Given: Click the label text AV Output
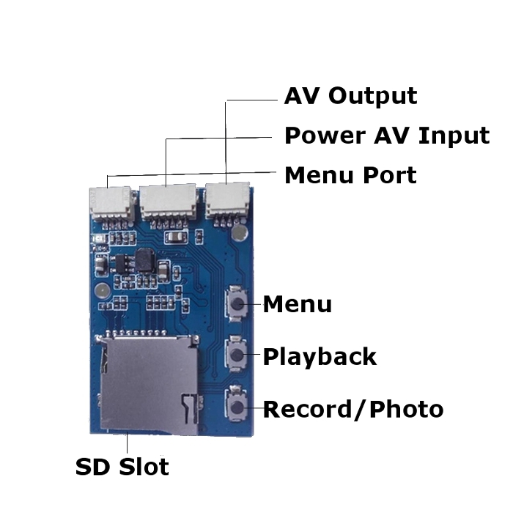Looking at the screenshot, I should click(x=350, y=96).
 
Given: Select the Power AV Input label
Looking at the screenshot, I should click(x=386, y=136).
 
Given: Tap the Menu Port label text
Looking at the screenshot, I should click(x=350, y=175).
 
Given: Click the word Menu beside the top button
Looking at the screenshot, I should click(x=297, y=304).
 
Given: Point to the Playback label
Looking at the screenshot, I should click(x=320, y=357).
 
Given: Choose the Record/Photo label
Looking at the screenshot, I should click(x=353, y=409).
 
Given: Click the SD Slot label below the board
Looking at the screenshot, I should click(x=122, y=467).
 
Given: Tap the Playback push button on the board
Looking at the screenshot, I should click(x=237, y=355).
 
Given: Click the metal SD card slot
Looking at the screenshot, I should click(x=147, y=381).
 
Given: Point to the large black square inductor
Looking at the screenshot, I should click(x=145, y=258).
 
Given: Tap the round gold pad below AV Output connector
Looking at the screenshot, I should click(x=240, y=233).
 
